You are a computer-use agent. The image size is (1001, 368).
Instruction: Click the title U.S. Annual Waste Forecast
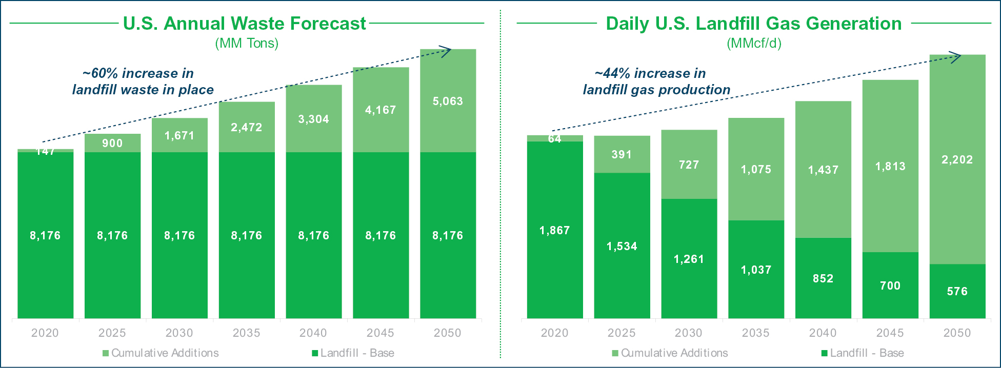245,24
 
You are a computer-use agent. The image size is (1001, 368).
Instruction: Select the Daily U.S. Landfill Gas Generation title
753,24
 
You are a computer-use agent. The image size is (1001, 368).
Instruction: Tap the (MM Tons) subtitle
247,43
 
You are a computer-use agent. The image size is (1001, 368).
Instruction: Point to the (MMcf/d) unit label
754,43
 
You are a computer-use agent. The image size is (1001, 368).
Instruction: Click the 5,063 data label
448,101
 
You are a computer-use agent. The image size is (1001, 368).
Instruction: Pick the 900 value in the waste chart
112,143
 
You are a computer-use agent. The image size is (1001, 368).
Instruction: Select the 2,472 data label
247,127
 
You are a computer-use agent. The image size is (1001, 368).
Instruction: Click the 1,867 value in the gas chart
555,230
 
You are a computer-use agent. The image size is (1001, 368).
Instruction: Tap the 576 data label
957,291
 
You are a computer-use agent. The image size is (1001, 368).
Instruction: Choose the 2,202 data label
957,159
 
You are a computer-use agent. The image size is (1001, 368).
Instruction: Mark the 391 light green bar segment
622,154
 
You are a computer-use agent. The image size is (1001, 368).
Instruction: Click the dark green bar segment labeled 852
823,278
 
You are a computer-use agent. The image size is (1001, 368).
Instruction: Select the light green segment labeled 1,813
890,166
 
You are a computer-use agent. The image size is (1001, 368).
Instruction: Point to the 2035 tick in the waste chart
247,333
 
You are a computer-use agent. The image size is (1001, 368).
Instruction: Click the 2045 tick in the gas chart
890,333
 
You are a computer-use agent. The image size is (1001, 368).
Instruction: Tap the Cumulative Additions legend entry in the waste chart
161,353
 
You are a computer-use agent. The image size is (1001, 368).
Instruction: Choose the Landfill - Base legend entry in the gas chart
863,353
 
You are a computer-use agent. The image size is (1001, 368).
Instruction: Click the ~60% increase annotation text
143,81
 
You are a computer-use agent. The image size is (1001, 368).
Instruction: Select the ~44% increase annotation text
656,81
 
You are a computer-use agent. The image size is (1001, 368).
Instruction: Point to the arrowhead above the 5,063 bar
447,50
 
